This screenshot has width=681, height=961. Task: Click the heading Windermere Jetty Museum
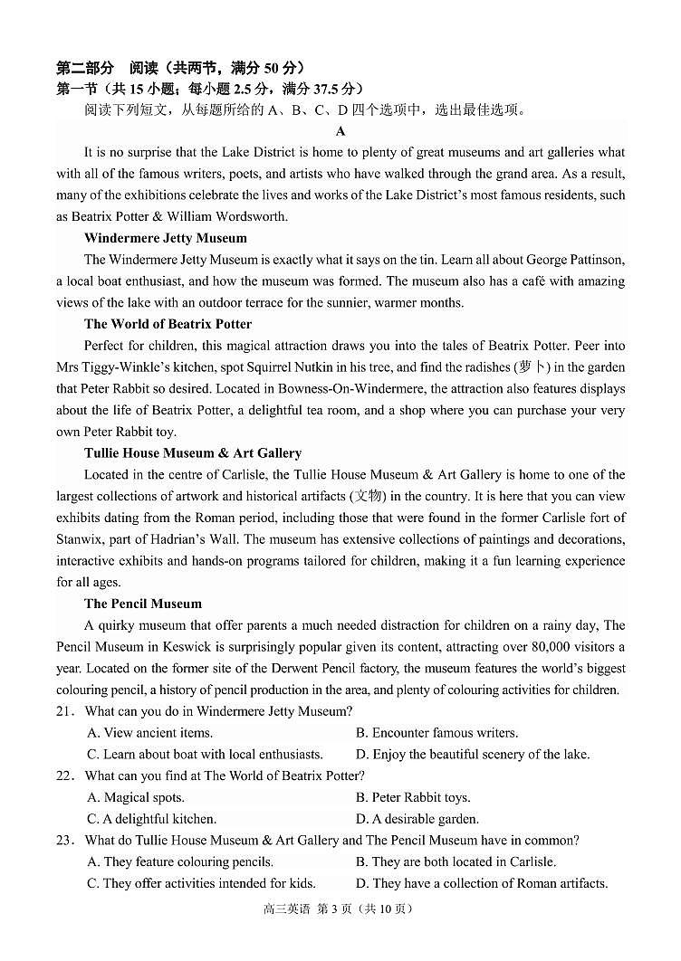pos(165,238)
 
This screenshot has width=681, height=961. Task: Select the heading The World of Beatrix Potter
pos(168,324)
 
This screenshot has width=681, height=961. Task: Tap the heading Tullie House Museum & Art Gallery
pos(192,452)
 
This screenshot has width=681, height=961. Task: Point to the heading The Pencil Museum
pos(143,604)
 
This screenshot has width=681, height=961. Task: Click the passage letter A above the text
pos(340,131)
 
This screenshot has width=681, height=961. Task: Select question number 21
pos(64,711)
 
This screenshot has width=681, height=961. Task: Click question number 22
pos(64,775)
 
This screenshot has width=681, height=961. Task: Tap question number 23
pos(64,840)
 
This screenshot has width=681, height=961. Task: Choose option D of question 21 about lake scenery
pos(472,754)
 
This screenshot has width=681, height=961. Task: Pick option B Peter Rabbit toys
pos(413,797)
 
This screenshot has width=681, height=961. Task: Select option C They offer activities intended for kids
pos(201,883)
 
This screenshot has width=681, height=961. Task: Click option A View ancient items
pos(149,733)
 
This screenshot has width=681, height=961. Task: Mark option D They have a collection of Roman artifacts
pos(482,883)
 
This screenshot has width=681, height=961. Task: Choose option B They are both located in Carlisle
pos(456,861)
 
